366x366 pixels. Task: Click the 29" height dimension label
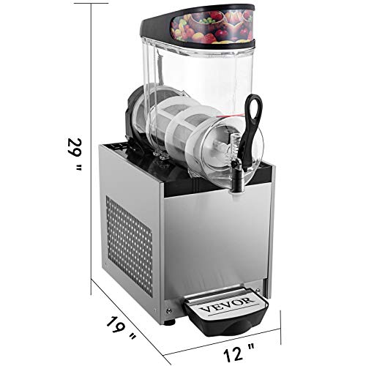point(75,155)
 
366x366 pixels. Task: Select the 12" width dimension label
point(239,351)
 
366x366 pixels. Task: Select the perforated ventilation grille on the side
point(129,246)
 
